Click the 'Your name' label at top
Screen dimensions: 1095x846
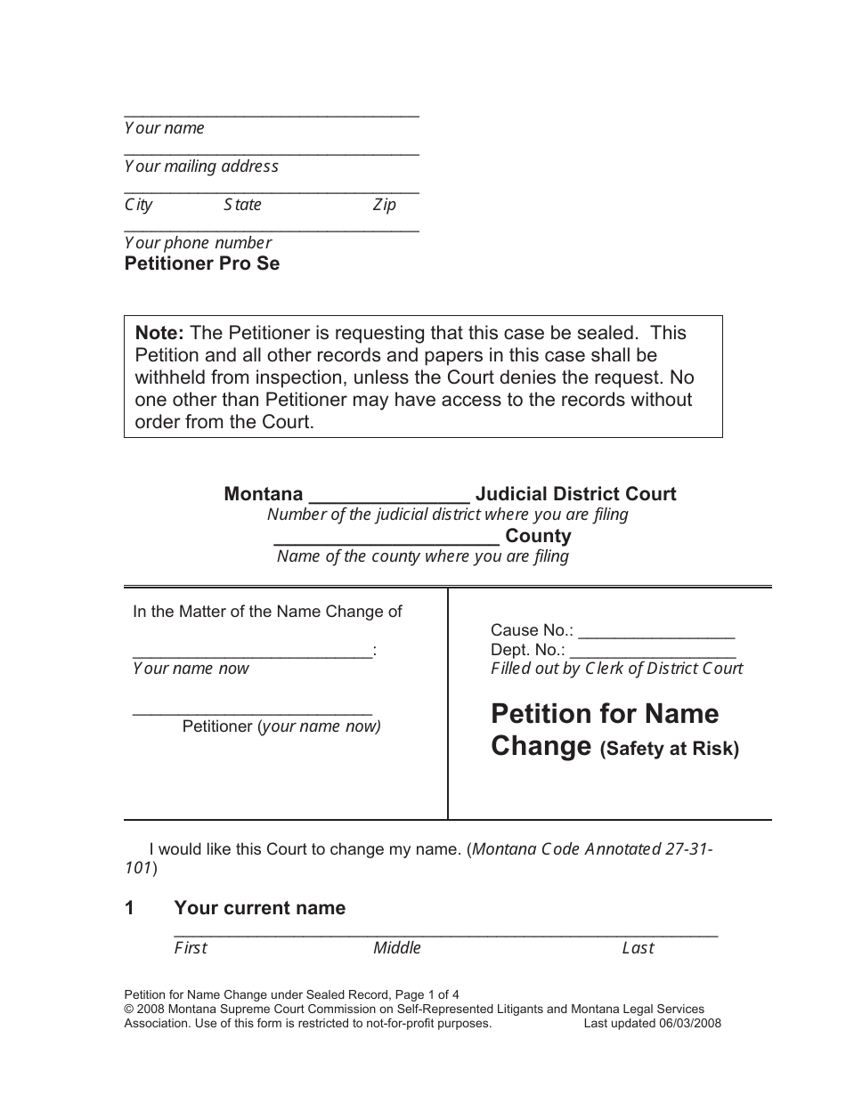pyautogui.click(x=164, y=128)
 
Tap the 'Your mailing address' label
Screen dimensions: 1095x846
pyautogui.click(x=201, y=166)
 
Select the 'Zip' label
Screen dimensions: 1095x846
pyautogui.click(x=384, y=205)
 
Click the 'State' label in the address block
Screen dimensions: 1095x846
pyautogui.click(x=242, y=205)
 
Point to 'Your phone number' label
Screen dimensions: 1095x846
pyautogui.click(x=198, y=243)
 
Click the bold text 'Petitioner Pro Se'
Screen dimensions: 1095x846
pyautogui.click(x=201, y=264)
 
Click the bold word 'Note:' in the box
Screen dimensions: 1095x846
pyautogui.click(x=159, y=333)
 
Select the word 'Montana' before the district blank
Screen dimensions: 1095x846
pyautogui.click(x=264, y=494)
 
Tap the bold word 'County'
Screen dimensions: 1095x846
pyautogui.click(x=538, y=536)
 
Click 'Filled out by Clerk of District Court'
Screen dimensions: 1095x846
pyautogui.click(x=616, y=669)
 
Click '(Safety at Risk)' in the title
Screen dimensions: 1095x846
pyautogui.click(x=669, y=749)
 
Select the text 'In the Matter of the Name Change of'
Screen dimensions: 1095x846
pyautogui.click(x=267, y=612)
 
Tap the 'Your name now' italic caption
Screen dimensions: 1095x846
pyautogui.click(x=191, y=669)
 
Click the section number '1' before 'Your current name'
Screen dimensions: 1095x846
pyautogui.click(x=129, y=908)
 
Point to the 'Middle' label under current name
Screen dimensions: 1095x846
pyautogui.click(x=396, y=948)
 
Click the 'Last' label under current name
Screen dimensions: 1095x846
pyautogui.click(x=638, y=948)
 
